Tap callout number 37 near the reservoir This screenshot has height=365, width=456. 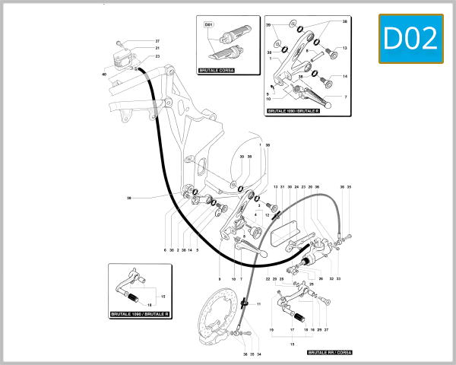pos(157,40)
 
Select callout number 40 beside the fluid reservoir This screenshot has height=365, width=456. pos(104,75)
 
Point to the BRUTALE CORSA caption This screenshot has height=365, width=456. pos(216,70)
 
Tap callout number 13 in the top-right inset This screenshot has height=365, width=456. pos(344,48)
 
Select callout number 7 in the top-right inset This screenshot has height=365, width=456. pos(345,97)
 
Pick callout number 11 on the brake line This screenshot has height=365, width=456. pos(258,304)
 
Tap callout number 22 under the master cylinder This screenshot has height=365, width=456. pos(268,279)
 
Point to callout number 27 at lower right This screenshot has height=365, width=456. pos(326,331)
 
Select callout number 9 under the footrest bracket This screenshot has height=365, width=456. pos(220,279)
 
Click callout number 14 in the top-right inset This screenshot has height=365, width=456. pos(344,77)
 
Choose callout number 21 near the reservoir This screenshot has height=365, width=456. pos(157,48)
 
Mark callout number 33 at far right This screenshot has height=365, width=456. pos(339,279)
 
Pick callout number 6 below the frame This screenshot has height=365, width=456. pos(165,249)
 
